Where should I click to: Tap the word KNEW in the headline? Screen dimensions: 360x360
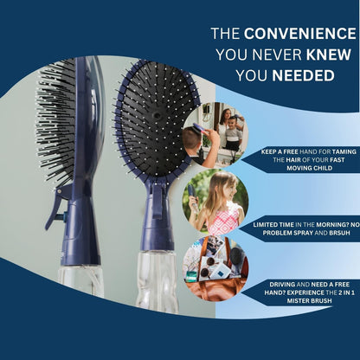[x=332, y=55]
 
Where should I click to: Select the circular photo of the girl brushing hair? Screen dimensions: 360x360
[x=213, y=202]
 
